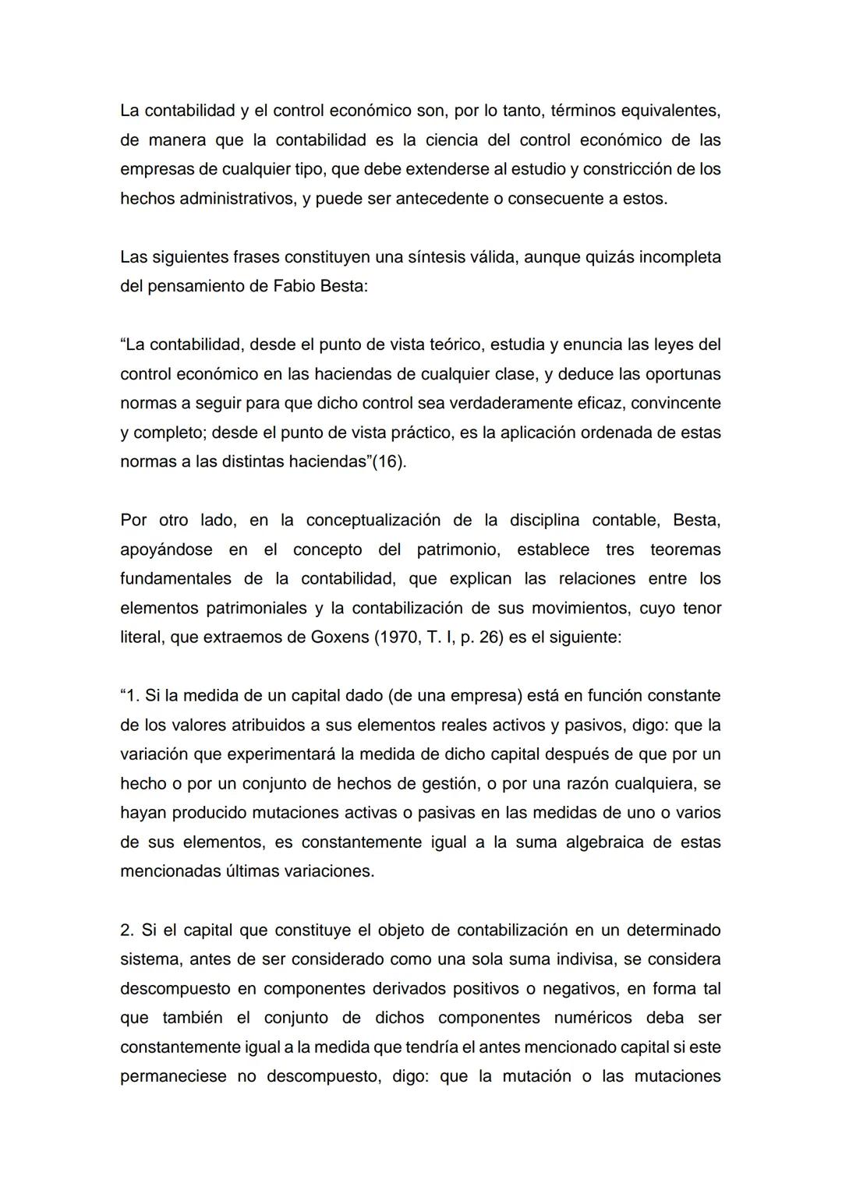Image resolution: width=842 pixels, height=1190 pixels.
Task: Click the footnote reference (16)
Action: [x=389, y=462]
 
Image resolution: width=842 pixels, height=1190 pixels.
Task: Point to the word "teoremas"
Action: [x=685, y=550]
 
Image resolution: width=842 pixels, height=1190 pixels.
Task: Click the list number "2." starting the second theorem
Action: [x=127, y=930]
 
